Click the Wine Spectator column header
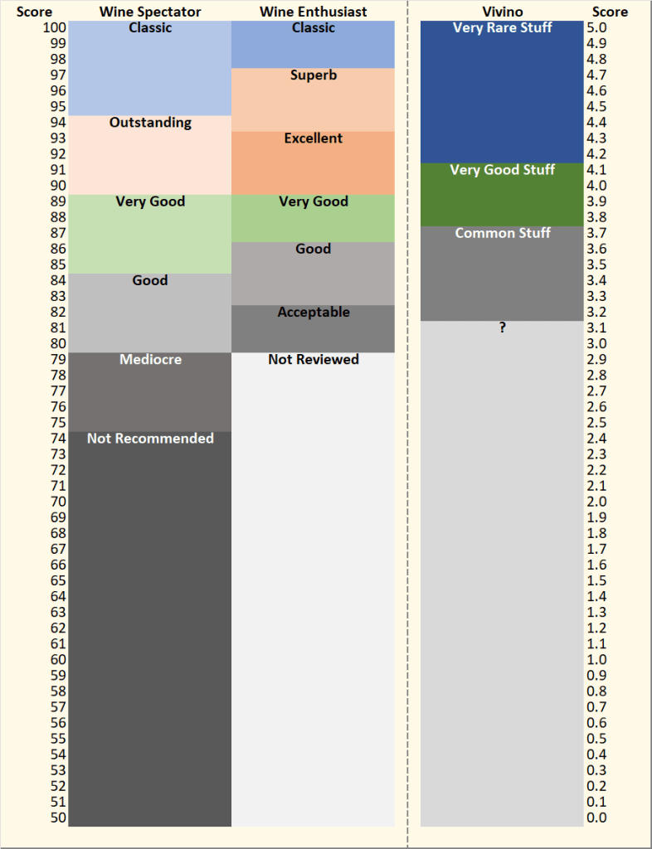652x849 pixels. pyautogui.click(x=150, y=12)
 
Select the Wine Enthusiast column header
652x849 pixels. pyautogui.click(x=314, y=12)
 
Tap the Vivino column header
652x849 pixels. pyautogui.click(x=502, y=12)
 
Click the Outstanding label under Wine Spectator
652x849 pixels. pyautogui.click(x=150, y=123)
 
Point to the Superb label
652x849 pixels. pyautogui.click(x=314, y=75)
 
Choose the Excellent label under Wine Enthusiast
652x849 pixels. pyautogui.click(x=314, y=138)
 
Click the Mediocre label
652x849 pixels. pyautogui.click(x=150, y=360)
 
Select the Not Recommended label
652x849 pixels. pyautogui.click(x=150, y=439)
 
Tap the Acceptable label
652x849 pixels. pyautogui.click(x=314, y=313)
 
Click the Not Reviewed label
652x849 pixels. pyautogui.click(x=314, y=360)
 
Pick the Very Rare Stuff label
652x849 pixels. pyautogui.click(x=502, y=28)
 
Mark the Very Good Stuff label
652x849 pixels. pyautogui.click(x=502, y=170)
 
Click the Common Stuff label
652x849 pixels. pyautogui.click(x=502, y=233)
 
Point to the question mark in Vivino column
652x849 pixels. pyautogui.click(x=502, y=328)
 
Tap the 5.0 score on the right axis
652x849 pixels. pyautogui.click(x=596, y=28)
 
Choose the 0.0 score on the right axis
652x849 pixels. pyautogui.click(x=596, y=817)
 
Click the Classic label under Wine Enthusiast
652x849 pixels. pyautogui.click(x=314, y=28)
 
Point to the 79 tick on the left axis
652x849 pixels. pyautogui.click(x=58, y=360)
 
